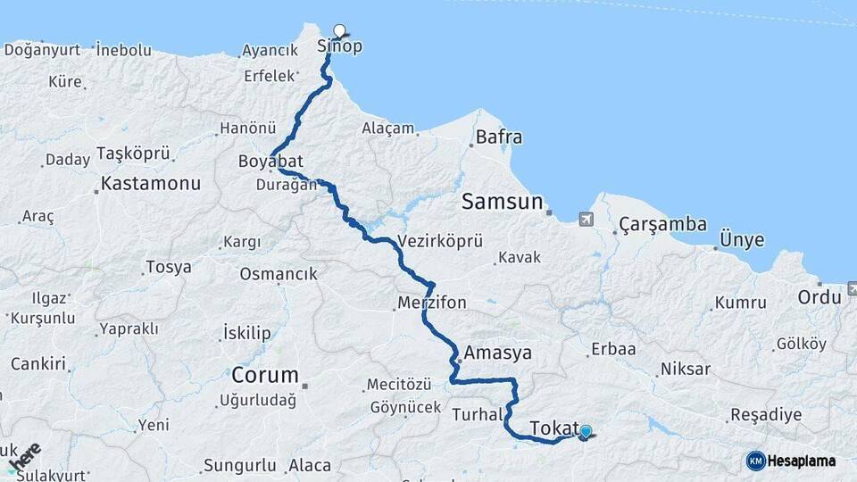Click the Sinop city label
[x=340, y=47]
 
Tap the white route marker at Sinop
[x=339, y=30]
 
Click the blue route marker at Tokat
[x=586, y=433]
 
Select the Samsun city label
[x=502, y=203]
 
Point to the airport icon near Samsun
[x=586, y=219]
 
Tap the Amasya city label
[x=496, y=353]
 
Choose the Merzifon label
[x=432, y=303]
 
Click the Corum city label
[x=264, y=374]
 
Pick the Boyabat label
[x=271, y=162]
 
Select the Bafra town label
[x=499, y=137]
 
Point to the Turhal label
[x=478, y=414]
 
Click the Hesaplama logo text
[x=803, y=461]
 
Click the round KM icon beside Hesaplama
[x=755, y=461]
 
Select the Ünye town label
[x=742, y=241]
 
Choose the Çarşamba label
[x=663, y=225]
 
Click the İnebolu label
[x=123, y=50]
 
